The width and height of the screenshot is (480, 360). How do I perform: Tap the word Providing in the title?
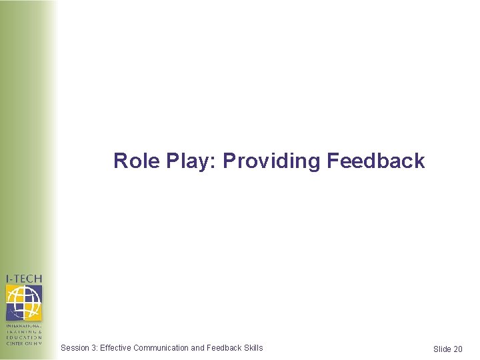[271, 161]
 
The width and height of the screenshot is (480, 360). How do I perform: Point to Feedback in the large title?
[376, 161]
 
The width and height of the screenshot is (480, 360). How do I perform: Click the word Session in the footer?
[75, 347]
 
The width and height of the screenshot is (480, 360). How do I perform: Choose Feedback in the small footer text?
[224, 347]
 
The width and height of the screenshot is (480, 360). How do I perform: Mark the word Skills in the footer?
[253, 347]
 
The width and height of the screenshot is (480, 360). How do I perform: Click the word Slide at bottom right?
[442, 349]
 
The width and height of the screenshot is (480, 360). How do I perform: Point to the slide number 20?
[458, 349]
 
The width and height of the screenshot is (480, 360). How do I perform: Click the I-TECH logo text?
[24, 279]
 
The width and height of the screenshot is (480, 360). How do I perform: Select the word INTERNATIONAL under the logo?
[24, 326]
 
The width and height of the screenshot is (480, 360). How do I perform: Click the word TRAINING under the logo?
[24, 331]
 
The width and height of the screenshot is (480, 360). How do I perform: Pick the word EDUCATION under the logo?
[24, 337]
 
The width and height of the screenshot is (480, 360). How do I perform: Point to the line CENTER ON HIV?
[24, 343]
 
